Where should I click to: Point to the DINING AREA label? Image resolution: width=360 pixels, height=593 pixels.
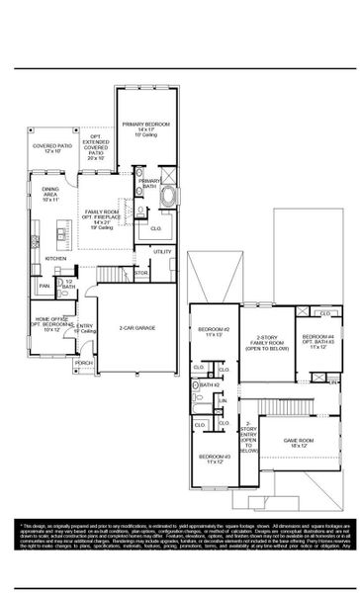[51, 194]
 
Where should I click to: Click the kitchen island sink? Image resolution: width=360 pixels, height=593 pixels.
[61, 234]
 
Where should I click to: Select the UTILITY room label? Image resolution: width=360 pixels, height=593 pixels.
[163, 251]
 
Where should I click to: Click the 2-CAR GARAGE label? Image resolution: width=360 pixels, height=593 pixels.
[138, 326]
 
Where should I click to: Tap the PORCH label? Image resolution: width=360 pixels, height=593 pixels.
[84, 363]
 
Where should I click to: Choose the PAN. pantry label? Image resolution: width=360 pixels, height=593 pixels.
[45, 287]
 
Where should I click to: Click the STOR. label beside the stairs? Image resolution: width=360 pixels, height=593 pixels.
[141, 273]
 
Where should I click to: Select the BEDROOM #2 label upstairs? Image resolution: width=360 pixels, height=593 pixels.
[213, 332]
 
